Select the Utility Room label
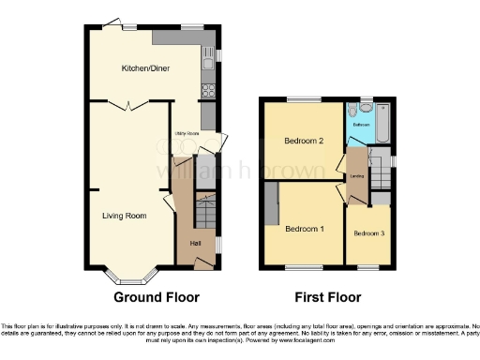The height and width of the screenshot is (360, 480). point(185,134)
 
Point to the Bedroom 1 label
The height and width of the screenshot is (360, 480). point(305,229)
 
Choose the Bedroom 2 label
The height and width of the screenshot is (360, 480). point(304,142)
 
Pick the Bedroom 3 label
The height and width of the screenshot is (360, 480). point(368,232)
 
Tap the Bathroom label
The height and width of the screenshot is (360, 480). point(361,122)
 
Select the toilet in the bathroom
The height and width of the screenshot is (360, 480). point(352,109)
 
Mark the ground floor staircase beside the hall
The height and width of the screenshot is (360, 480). point(205,210)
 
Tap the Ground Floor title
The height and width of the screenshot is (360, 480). point(157,298)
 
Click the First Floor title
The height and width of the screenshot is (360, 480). point(329,298)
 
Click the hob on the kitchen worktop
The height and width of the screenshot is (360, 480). point(208,91)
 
